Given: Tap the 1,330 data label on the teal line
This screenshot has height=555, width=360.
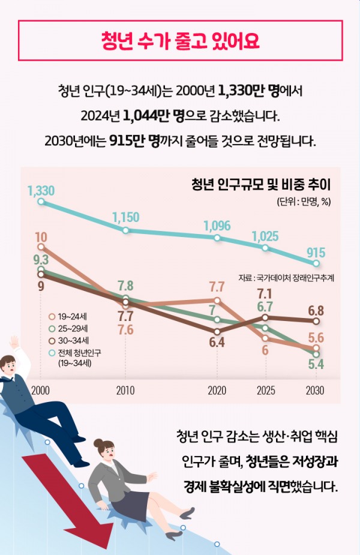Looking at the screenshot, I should [x=41, y=191].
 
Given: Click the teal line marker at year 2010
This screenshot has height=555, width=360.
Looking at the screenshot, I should [x=125, y=230].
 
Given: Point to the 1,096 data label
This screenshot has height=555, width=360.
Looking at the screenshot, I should [x=217, y=226].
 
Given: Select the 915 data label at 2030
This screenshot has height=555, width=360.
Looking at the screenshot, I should [x=316, y=253].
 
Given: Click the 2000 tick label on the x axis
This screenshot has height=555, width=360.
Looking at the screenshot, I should [x=40, y=390].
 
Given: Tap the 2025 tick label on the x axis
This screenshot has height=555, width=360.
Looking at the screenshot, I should [x=266, y=390].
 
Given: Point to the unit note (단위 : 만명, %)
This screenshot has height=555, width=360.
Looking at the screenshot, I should [x=304, y=201].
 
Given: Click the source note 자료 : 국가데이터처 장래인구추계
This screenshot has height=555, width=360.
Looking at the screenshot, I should [x=286, y=278].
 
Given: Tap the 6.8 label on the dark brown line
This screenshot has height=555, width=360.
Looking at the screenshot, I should [x=316, y=310].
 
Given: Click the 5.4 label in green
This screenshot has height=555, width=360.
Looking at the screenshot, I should [x=316, y=364].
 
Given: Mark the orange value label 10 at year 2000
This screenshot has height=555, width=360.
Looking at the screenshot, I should [x=41, y=236].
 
